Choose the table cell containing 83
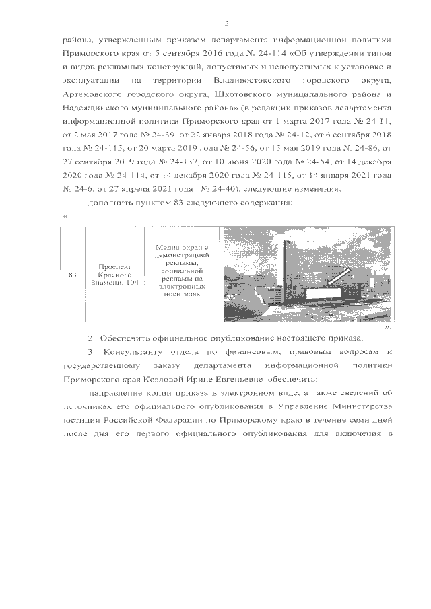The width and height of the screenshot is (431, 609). point(73,275)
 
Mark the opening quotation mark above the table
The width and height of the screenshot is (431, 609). point(65,217)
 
